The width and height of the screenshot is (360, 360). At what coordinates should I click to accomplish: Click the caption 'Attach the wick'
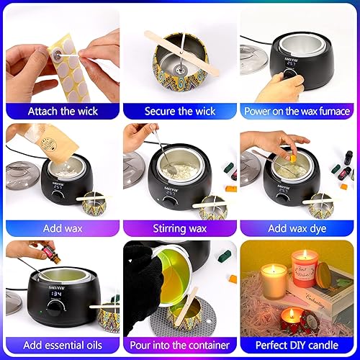pyautogui.click(x=60, y=111)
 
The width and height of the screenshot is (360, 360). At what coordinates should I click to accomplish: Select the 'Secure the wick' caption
pyautogui.click(x=179, y=111)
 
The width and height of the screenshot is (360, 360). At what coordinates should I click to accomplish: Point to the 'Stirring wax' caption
pyautogui.click(x=179, y=228)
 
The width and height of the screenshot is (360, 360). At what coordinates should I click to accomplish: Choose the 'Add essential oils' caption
pyautogui.click(x=60, y=346)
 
